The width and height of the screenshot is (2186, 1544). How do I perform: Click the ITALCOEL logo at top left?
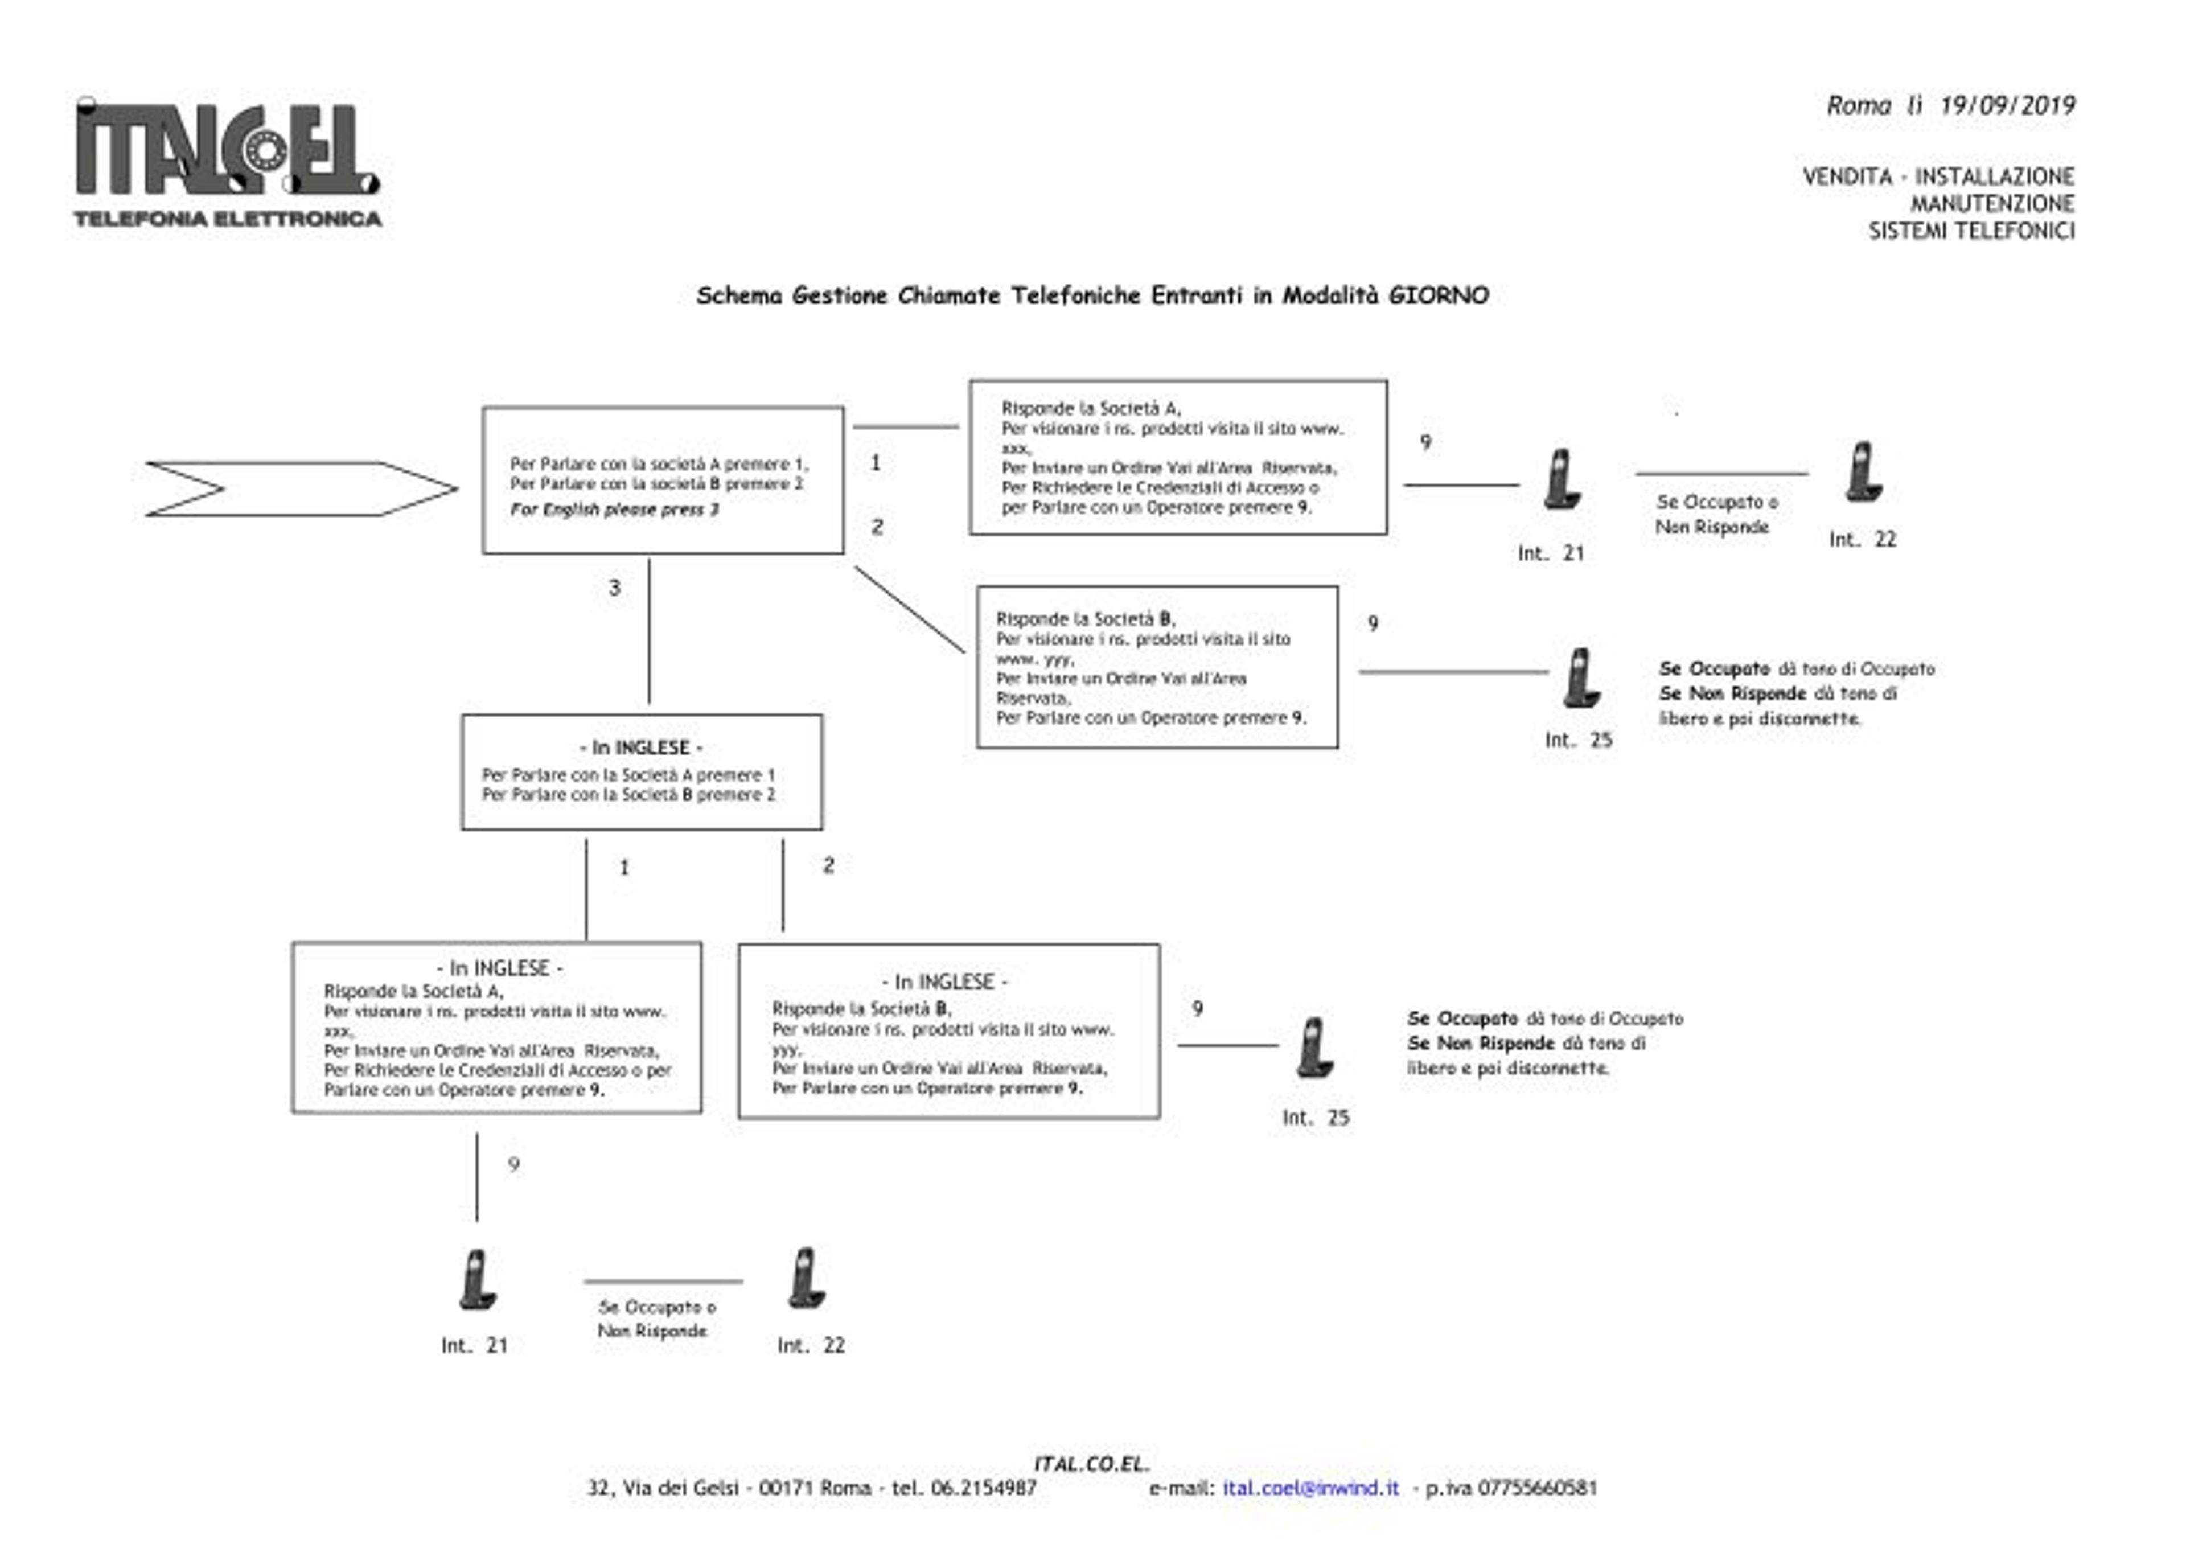click(x=228, y=162)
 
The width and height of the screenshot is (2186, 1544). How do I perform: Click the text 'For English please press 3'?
click(x=614, y=510)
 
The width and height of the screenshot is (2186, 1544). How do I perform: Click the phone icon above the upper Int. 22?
click(x=1863, y=471)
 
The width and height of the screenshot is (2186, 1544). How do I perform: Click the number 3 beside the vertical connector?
click(x=614, y=588)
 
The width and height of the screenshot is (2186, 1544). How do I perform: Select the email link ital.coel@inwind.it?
click(x=1311, y=1488)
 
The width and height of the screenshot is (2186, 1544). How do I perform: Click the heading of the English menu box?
click(x=641, y=748)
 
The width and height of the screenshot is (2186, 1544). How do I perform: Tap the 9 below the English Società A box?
click(x=514, y=1164)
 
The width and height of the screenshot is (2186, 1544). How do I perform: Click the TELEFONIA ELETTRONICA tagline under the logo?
click(x=228, y=219)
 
